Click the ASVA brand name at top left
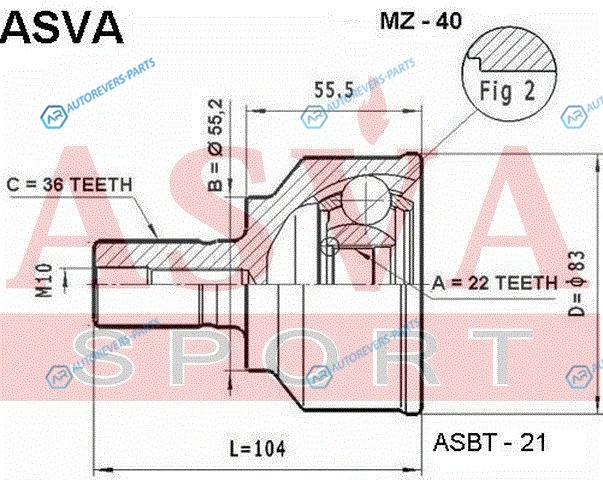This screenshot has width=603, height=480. (63, 27)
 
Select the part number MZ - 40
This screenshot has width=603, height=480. (420, 20)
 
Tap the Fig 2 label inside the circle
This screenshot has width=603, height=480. (507, 92)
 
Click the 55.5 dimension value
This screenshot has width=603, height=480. (333, 90)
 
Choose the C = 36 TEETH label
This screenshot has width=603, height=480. (70, 185)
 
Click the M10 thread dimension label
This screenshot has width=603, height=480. (44, 280)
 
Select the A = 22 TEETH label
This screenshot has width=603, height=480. (494, 283)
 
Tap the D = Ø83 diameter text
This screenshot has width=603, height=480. (576, 283)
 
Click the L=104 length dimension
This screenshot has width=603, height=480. (258, 448)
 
